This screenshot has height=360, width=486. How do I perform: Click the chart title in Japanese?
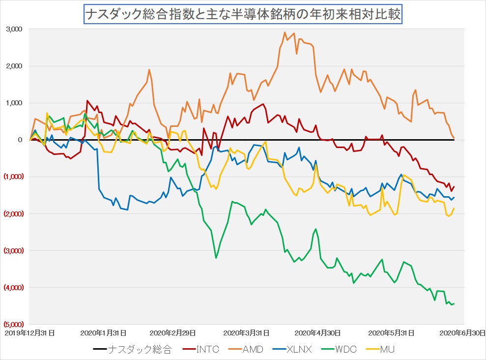click(x=243, y=15)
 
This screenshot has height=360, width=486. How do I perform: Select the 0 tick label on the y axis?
click(x=20, y=140)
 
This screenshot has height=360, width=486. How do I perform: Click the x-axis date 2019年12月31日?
click(x=29, y=333)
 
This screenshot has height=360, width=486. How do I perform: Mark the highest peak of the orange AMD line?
click(x=285, y=32)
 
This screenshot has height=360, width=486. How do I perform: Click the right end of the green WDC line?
click(x=454, y=303)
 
